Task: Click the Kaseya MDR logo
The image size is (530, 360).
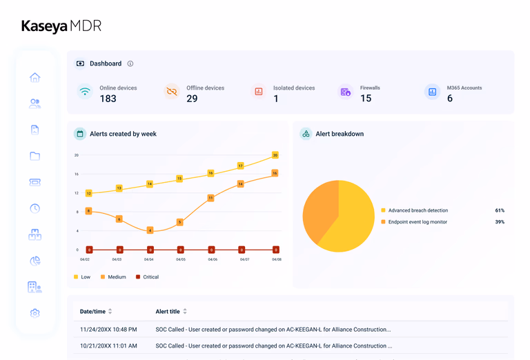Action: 61,26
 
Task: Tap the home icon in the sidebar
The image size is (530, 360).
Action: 35,78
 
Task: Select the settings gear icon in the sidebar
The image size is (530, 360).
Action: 35,313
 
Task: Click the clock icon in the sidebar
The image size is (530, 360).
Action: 35,208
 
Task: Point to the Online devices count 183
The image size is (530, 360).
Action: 108,99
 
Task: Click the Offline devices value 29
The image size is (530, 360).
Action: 192,99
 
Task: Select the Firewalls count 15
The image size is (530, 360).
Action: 366,98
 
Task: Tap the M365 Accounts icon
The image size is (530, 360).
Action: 432,92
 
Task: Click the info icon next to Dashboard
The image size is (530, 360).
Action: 130,63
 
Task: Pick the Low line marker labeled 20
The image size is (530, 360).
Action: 275,155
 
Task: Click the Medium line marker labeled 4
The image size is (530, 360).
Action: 150,230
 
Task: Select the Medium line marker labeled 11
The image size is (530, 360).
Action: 210,198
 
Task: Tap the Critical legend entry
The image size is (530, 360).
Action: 148,277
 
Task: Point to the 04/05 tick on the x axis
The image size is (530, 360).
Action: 181,259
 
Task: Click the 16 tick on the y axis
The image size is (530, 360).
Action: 77,174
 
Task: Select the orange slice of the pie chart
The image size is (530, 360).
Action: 320,210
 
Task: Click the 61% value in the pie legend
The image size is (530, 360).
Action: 500,210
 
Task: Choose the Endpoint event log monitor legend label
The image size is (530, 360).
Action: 418,222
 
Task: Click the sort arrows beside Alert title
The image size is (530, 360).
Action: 185,311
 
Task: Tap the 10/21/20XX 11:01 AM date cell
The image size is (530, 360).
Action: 108,346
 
